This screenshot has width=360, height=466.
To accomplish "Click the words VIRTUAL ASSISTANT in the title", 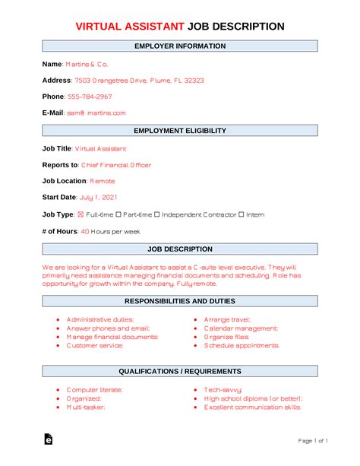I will coord(129,27).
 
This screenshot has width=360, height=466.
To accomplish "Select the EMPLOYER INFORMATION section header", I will coord(180,46).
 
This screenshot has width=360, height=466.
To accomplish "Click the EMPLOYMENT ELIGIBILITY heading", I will coord(180,131).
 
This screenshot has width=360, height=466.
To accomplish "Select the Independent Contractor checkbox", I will coord(158,214).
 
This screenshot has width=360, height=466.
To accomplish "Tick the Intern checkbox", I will coord(242,214).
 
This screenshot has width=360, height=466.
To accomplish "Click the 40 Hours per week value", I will coord(109,230).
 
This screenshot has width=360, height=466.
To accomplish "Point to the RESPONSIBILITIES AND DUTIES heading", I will coord(180,300).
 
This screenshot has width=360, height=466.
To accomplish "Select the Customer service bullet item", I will coord(95,345).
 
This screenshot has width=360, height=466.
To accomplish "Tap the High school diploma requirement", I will coord(254,398).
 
